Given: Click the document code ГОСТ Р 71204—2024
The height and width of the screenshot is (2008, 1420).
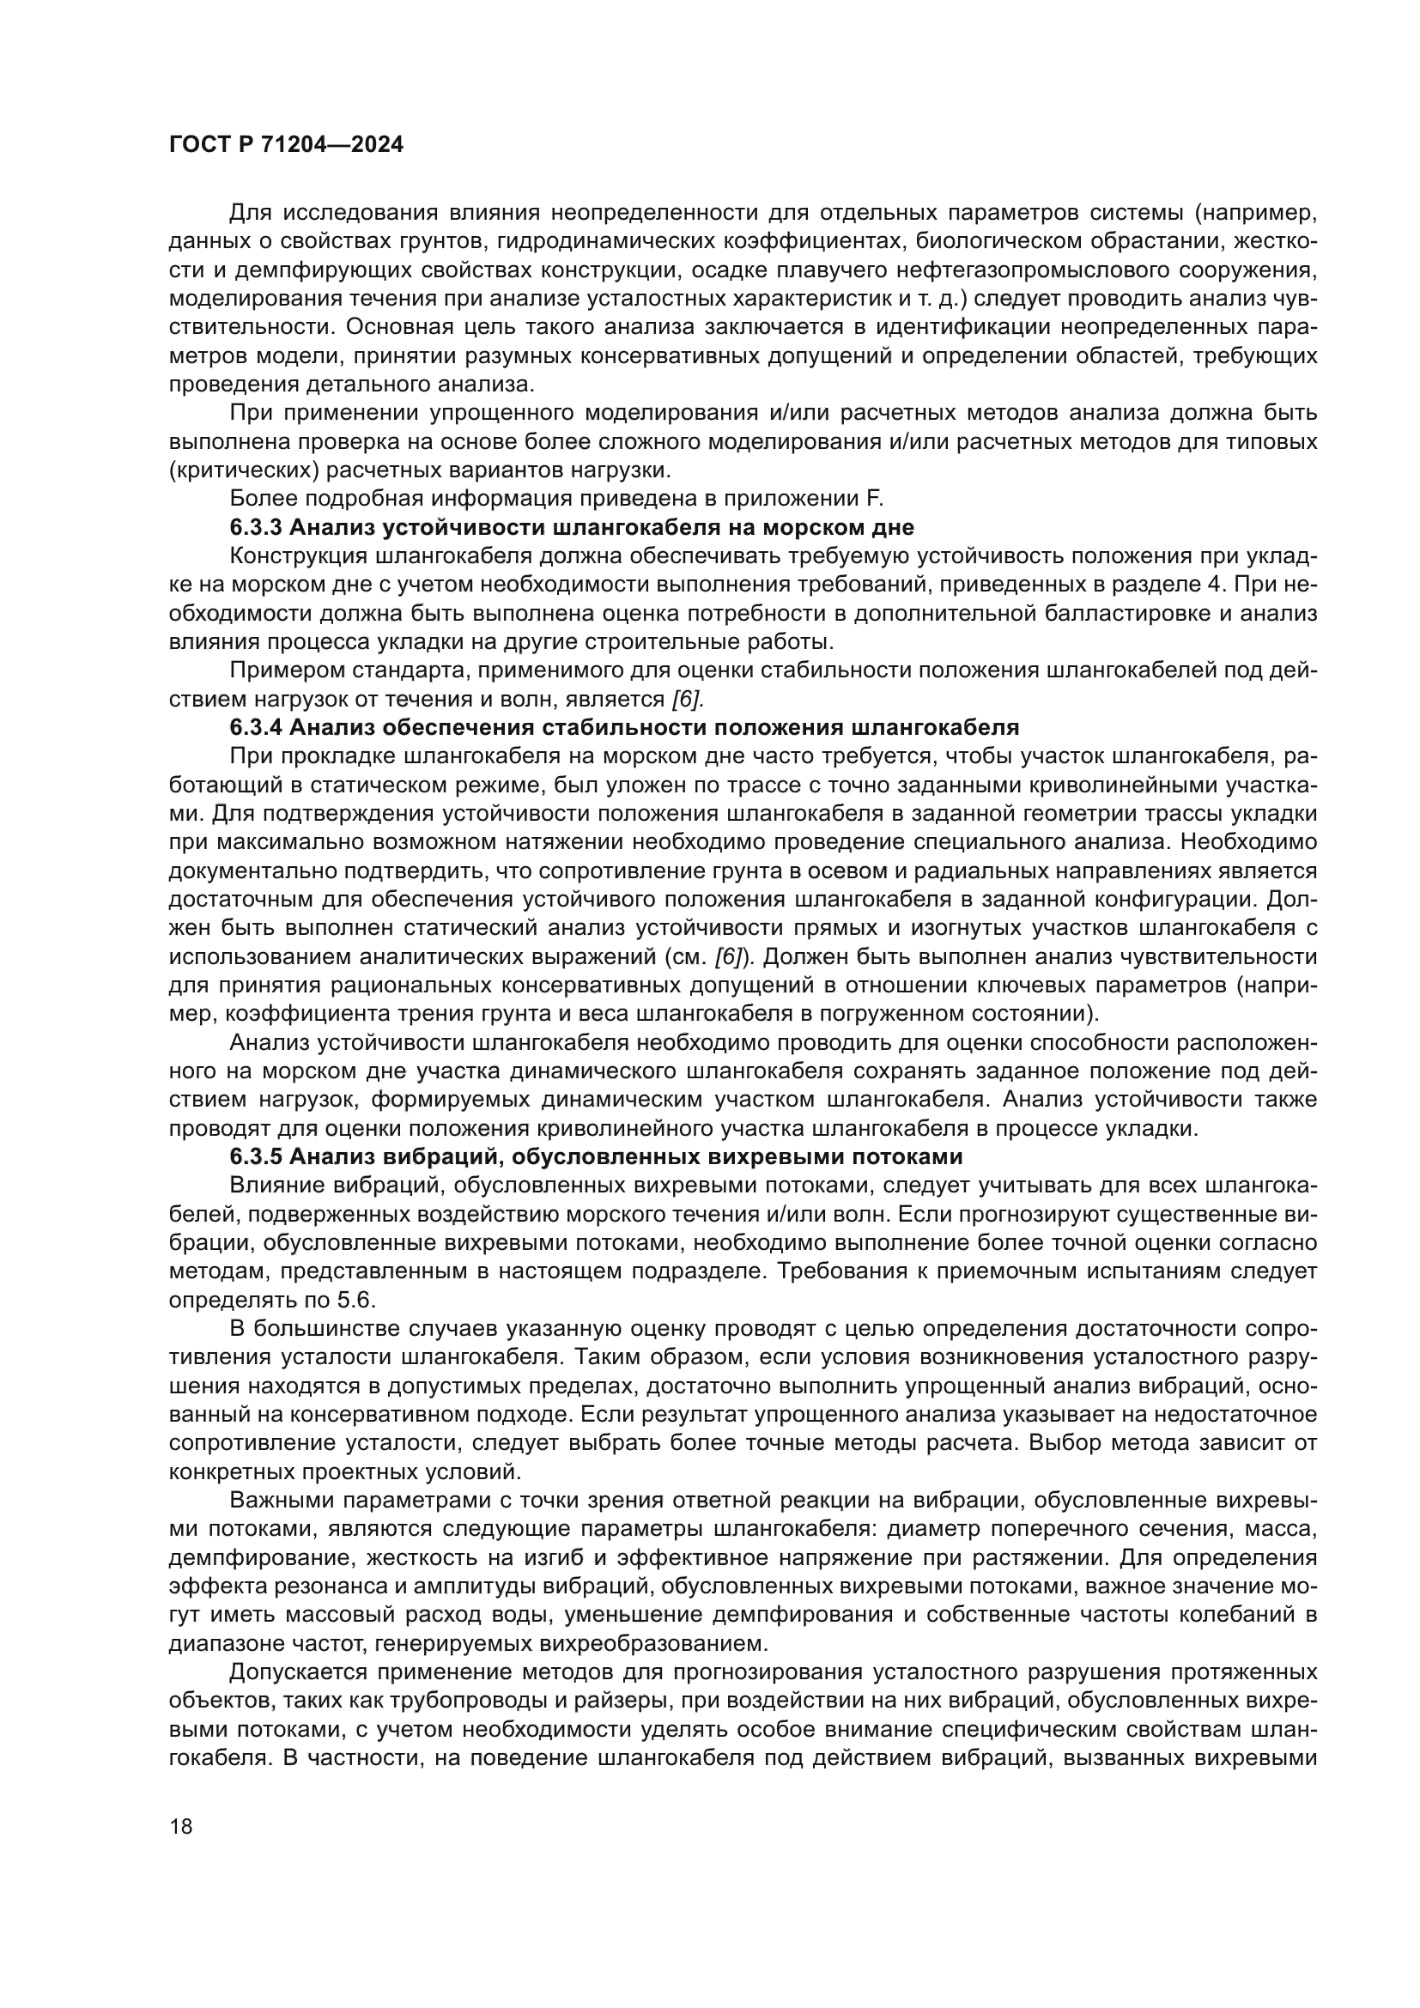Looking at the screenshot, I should [x=286, y=145].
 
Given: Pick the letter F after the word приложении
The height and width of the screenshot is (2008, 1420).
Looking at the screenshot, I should [x=878, y=500].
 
